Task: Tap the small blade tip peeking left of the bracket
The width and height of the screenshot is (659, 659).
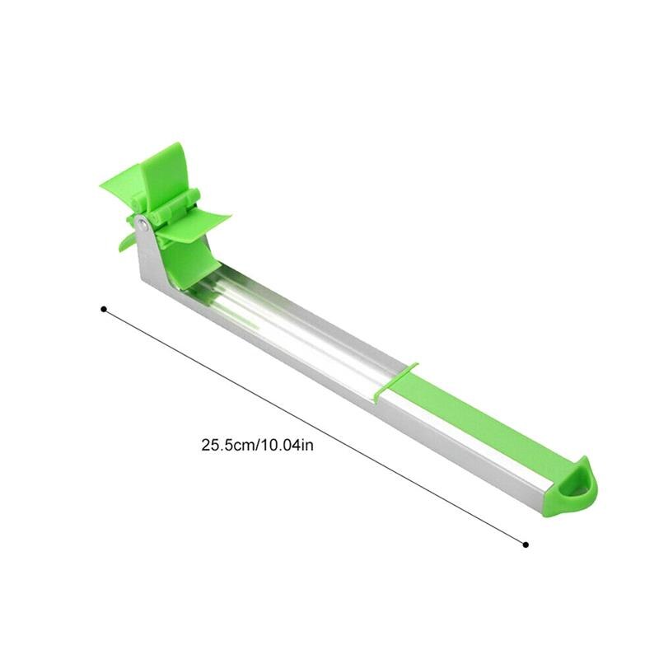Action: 124,241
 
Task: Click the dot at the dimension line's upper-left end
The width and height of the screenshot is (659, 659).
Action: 103,310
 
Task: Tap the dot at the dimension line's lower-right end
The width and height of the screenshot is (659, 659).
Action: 526,544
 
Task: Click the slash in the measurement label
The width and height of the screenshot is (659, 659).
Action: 259,445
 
